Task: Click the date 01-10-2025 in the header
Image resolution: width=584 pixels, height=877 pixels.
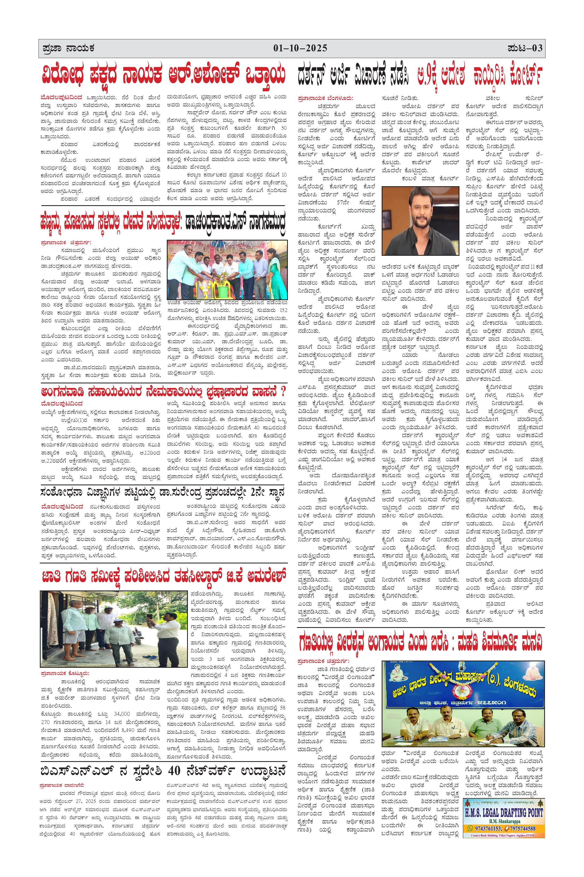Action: (300, 48)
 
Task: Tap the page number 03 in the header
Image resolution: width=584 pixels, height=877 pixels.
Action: (537, 48)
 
